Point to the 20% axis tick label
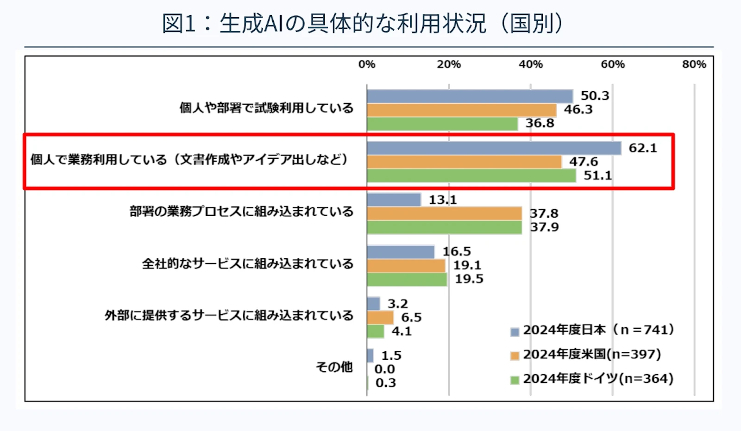tap(449, 64)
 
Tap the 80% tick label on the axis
tap(694, 64)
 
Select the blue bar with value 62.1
tap(494, 148)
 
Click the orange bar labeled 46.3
tap(461, 110)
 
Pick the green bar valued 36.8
tap(442, 124)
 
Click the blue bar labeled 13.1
tap(394, 200)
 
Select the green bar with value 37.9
tap(444, 228)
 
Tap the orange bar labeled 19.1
tap(406, 266)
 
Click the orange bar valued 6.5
tap(380, 318)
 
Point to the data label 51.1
tap(598, 175)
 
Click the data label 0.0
tap(385, 369)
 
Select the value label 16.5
tap(457, 251)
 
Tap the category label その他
tap(334, 367)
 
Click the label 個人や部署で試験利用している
tap(266, 108)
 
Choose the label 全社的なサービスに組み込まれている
tap(248, 263)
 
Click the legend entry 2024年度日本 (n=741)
tap(592, 330)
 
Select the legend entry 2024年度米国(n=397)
tap(586, 354)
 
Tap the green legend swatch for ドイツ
tap(515, 381)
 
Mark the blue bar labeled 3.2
tap(373, 304)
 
